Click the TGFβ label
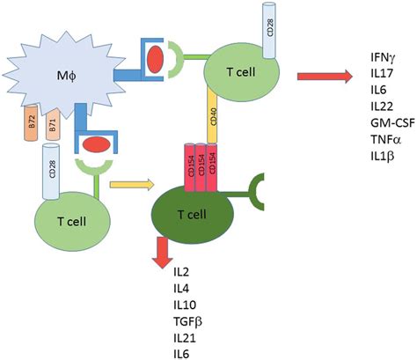coord(190,320)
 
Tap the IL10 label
coord(187,305)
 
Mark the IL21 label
coord(187,336)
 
